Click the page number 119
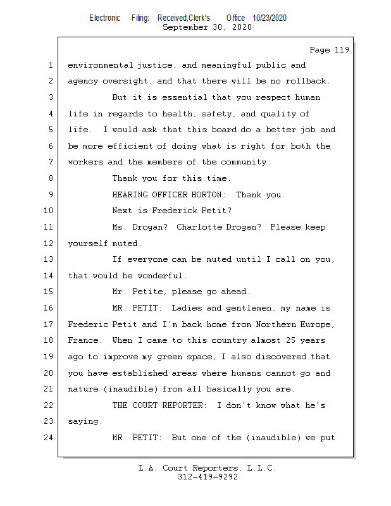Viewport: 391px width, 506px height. (342, 50)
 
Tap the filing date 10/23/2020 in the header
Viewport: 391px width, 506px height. (269, 18)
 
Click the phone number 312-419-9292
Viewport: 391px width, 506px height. (207, 477)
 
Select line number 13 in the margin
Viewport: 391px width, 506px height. (49, 259)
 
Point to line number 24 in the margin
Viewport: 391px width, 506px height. (49, 437)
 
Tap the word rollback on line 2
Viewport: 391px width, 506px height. (308, 81)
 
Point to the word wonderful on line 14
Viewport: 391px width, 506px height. (161, 276)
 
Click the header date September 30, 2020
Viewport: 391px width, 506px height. (207, 27)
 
